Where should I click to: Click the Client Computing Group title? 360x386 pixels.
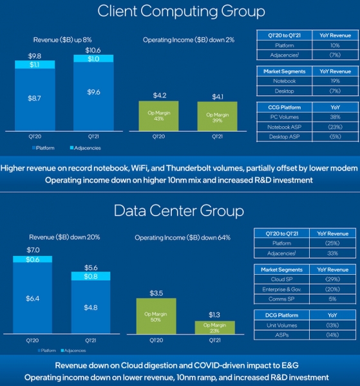180,12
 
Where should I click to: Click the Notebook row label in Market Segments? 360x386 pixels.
282,82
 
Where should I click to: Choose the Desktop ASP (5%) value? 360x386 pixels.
334,137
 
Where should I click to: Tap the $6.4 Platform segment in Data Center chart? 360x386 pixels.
32,299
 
